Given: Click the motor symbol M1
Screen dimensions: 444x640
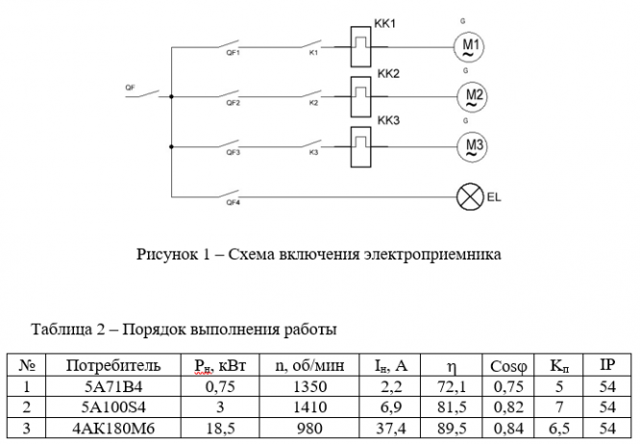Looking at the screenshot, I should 470,45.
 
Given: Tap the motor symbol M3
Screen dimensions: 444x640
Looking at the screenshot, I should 471,146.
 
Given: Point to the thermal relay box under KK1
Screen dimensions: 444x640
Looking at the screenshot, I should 361,45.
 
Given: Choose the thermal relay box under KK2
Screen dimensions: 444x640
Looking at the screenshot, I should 361,96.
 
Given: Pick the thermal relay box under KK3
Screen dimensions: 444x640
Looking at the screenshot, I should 361,146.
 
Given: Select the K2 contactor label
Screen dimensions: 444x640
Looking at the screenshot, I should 313,103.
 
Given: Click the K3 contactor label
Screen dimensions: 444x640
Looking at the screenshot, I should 313,153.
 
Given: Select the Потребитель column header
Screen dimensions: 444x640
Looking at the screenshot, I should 109,365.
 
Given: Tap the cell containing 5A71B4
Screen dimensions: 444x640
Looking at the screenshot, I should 109,385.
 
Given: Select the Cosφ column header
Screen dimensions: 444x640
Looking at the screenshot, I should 507,365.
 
